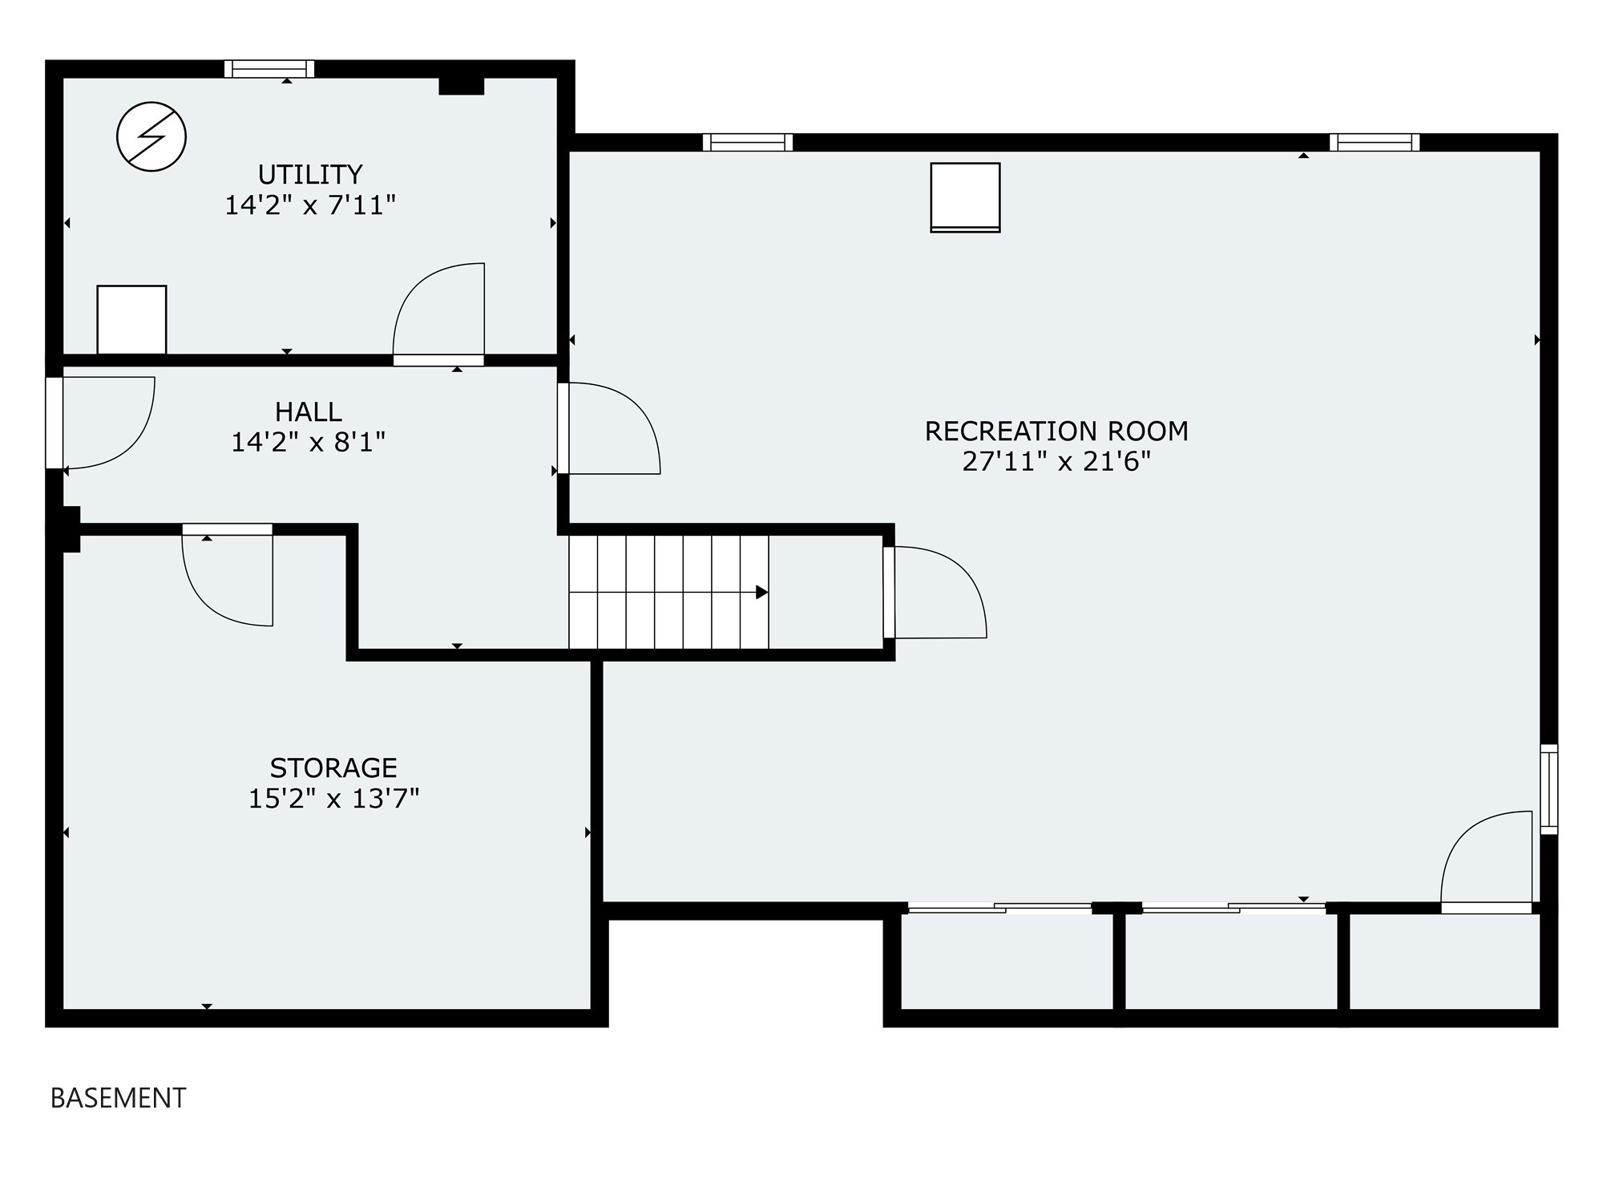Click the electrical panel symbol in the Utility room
(151, 136)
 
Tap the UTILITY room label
(310, 174)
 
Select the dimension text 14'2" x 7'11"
(310, 205)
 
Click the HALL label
(309, 411)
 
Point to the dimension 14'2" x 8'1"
(309, 442)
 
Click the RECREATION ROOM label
(1056, 431)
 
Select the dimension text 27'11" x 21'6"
(1056, 461)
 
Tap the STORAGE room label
(333, 768)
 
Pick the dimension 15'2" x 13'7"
(333, 799)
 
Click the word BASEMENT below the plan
(119, 1098)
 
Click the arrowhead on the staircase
(762, 593)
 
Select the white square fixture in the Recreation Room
(965, 197)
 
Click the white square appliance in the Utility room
(131, 319)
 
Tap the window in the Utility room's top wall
(269, 69)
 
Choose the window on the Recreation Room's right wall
(1549, 789)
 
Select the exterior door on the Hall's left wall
(100, 423)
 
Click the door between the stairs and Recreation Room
(935, 593)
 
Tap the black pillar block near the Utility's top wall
(462, 86)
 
